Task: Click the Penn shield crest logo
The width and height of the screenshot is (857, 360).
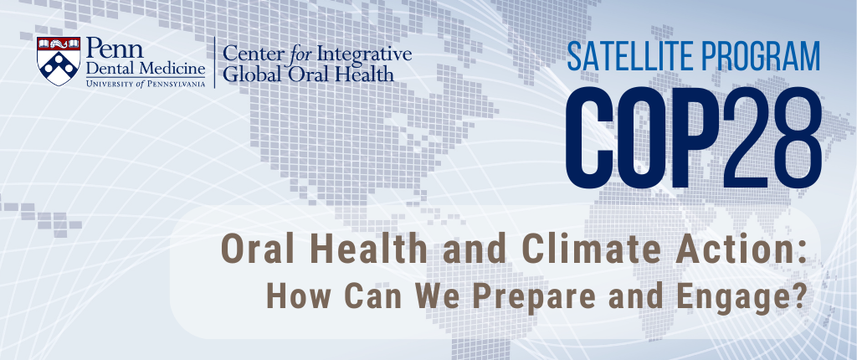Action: point(59,61)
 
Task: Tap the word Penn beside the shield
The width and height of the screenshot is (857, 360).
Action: point(115,49)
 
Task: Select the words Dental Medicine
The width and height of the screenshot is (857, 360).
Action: point(146,69)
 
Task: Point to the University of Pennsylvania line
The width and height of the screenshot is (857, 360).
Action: point(146,83)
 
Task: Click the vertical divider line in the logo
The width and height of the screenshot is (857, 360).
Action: point(214,62)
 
